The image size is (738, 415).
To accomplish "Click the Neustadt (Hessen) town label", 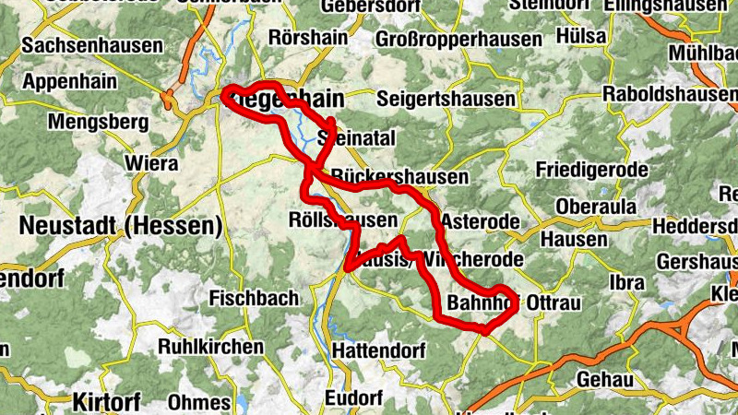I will click(121, 226).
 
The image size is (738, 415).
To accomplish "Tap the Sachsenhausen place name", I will click(92, 44).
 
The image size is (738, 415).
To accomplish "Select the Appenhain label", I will click(69, 82).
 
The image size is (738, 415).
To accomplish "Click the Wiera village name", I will click(151, 164).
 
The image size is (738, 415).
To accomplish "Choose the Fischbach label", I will click(254, 298).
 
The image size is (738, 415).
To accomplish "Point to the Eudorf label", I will click(354, 397).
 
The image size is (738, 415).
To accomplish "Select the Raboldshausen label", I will click(668, 94).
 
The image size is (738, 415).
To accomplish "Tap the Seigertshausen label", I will click(446, 98).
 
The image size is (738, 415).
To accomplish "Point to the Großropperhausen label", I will click(458, 40).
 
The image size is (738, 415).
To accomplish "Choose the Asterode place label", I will click(480, 222).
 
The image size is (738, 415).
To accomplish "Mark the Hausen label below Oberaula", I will click(574, 240).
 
